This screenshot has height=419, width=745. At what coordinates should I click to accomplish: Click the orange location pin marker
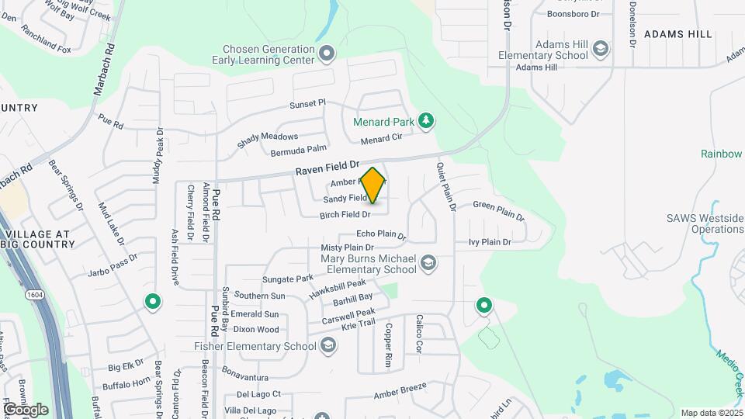click(x=373, y=185)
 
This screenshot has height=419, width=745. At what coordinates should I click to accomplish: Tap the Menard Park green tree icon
click(x=425, y=120)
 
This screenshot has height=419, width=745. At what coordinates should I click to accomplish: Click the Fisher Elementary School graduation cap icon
click(x=327, y=345)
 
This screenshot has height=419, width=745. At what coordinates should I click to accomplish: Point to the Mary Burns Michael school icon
click(x=428, y=265)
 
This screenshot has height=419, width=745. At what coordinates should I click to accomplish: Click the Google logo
click(x=25, y=409)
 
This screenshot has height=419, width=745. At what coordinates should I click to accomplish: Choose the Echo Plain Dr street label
click(x=381, y=234)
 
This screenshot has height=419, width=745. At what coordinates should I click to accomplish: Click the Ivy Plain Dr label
click(x=490, y=242)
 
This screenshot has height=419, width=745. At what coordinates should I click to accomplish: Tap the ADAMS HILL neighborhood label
click(x=677, y=35)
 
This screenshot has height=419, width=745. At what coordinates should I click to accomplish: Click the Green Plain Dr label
click(x=499, y=211)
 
